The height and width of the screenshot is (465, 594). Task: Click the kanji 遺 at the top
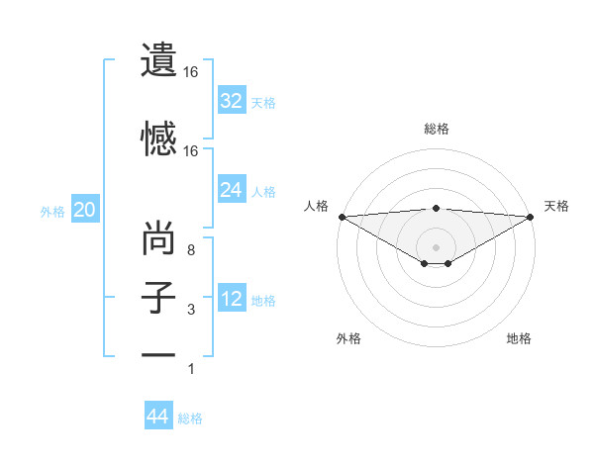tap(158, 58)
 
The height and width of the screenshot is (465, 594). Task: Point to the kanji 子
tap(158, 298)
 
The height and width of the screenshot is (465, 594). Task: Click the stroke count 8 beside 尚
tap(191, 250)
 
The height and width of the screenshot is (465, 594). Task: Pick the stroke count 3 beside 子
tap(191, 311)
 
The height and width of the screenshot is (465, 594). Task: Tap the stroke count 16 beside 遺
tap(191, 72)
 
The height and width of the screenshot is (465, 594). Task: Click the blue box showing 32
tap(232, 101)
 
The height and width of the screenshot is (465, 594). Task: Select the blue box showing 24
tap(232, 190)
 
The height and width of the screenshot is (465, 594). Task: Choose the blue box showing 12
tap(232, 299)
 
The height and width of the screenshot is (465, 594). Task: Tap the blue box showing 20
tap(84, 210)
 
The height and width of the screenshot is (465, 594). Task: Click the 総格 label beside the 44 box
tap(190, 418)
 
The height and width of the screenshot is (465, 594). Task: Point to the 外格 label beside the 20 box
tap(52, 211)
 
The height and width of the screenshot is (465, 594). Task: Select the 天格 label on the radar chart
tap(556, 206)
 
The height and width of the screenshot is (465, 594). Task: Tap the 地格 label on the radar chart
tap(519, 338)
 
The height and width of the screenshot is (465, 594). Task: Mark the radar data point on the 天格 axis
tap(530, 216)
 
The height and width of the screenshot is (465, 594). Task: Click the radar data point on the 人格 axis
tap(341, 216)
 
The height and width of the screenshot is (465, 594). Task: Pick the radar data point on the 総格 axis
tap(436, 208)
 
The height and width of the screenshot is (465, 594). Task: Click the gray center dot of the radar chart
tap(436, 245)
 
